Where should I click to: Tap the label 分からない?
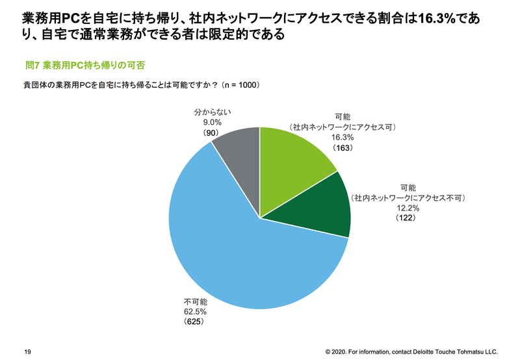tap(212, 111)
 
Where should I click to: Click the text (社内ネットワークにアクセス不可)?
tap(409, 197)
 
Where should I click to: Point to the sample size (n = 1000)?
tap(240, 84)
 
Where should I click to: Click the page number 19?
tap(27, 351)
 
